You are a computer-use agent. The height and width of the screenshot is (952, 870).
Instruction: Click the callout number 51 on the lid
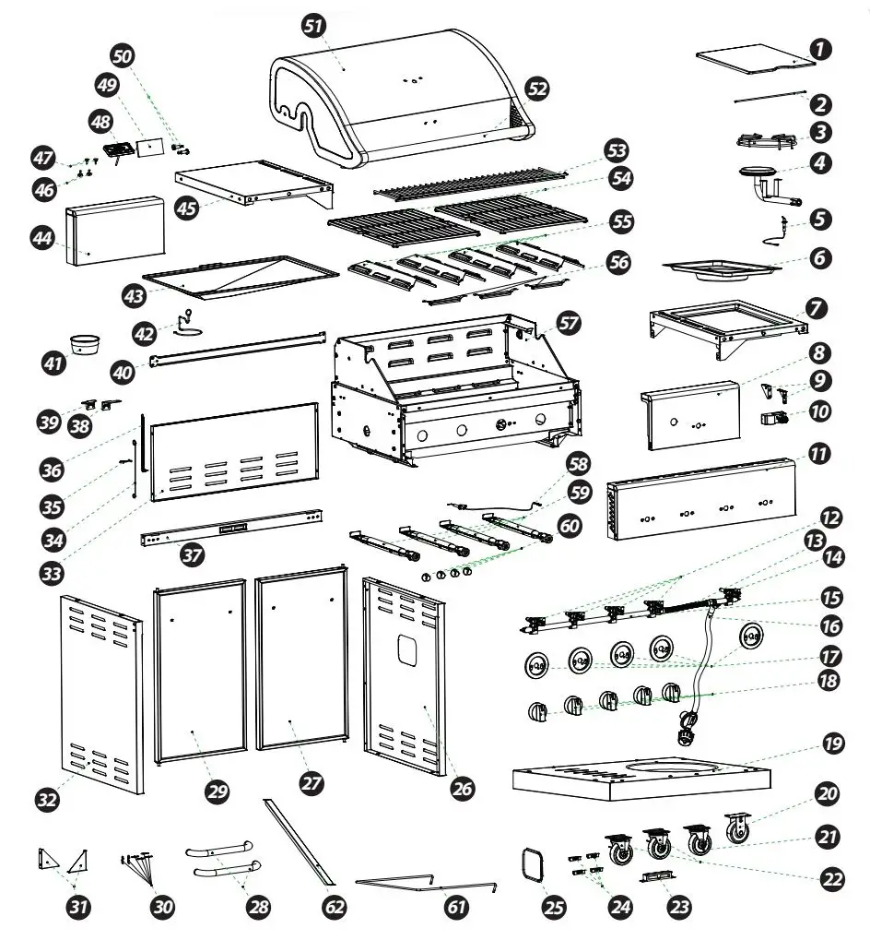(x=314, y=28)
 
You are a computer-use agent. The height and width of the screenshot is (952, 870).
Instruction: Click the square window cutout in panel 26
(x=406, y=649)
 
